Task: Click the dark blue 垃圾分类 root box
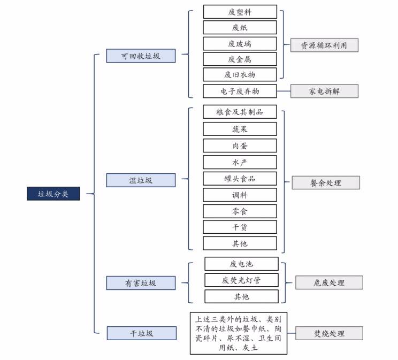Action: [53, 194]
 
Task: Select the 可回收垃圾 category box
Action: [141, 56]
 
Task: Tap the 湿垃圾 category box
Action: [141, 180]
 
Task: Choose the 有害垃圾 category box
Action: [141, 283]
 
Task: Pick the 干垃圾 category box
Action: [142, 333]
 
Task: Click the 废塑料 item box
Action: [240, 12]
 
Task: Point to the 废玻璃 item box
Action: [240, 44]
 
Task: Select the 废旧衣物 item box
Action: [240, 74]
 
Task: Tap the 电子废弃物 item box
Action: [240, 91]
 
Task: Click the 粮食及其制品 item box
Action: [240, 112]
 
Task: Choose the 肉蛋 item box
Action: [240, 145]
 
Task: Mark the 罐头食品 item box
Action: [240, 179]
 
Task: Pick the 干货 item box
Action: [240, 227]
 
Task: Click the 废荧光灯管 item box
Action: [241, 280]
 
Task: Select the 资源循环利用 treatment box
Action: [324, 45]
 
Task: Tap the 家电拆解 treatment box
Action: [324, 91]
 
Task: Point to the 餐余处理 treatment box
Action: [326, 182]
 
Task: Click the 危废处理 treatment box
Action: [329, 282]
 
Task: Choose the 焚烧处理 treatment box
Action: [329, 333]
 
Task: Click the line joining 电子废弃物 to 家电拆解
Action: [284, 91]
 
